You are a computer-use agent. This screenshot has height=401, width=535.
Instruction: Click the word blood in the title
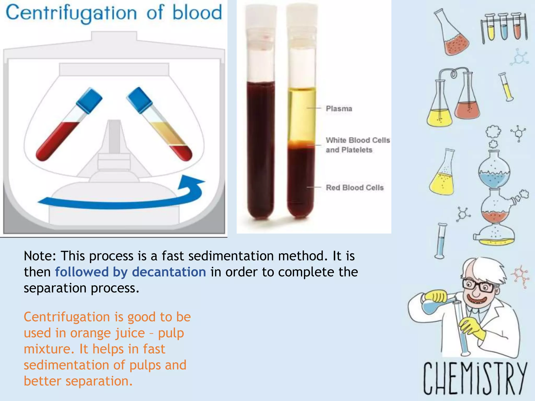pos(197,13)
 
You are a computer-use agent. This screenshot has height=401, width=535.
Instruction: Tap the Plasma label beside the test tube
pos(339,109)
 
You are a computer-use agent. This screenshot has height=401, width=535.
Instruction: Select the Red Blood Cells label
pos(354,187)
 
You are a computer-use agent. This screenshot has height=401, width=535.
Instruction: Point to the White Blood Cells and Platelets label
pos(357,145)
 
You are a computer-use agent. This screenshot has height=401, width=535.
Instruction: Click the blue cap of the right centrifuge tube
pos(139,100)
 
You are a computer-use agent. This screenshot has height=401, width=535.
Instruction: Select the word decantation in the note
pos(169,272)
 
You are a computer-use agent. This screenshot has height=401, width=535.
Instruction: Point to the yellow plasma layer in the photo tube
pos(302,115)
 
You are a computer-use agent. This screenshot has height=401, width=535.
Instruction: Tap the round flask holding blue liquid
pos(494,172)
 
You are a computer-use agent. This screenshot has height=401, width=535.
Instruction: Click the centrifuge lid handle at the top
pos(114,36)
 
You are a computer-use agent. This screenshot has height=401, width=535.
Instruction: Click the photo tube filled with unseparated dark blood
pos(261,146)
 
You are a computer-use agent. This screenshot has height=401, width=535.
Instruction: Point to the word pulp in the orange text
pos(171,333)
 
